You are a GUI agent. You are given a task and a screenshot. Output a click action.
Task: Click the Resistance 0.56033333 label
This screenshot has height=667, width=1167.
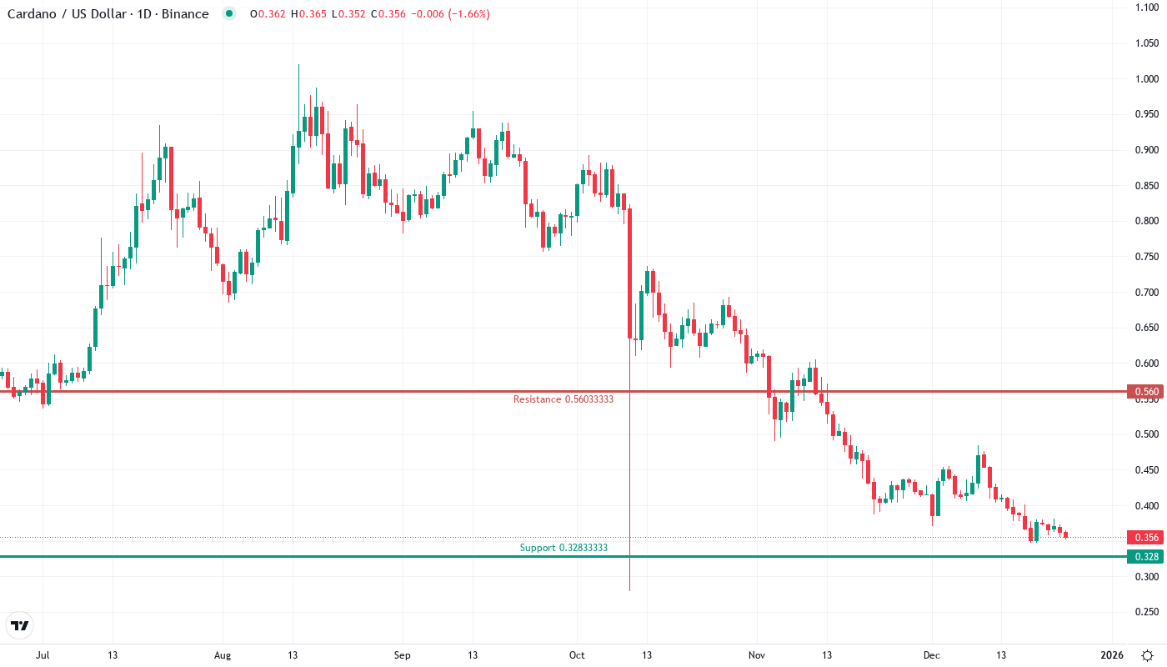pos(563,399)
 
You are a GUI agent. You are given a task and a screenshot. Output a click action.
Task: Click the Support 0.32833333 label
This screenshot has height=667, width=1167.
pos(563,548)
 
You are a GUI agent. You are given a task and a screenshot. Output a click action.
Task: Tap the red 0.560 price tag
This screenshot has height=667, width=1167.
pos(1144,391)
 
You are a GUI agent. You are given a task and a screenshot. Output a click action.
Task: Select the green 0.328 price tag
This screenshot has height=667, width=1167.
pos(1144,556)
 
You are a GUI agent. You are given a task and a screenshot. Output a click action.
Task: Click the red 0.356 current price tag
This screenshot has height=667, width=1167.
pos(1144,538)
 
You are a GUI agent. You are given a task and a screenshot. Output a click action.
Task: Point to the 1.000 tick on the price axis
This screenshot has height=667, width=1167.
pos(1147,79)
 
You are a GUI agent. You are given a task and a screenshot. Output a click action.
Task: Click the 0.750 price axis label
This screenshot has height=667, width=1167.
pos(1147,257)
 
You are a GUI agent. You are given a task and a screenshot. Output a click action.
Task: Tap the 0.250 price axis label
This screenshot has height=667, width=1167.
pos(1147,612)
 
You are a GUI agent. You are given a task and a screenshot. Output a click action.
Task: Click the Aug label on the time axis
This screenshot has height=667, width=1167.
pos(222,655)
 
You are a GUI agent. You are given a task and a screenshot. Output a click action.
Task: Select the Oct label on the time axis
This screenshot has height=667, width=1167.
pos(577,655)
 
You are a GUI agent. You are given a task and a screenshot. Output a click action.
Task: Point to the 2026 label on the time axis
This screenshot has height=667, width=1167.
pos(1112,655)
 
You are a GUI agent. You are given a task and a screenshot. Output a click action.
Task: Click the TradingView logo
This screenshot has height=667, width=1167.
pos(20,625)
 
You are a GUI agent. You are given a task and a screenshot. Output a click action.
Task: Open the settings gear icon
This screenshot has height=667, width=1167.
pos(1147,655)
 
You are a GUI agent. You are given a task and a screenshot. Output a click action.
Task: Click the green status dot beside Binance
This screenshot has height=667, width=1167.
pos(229,14)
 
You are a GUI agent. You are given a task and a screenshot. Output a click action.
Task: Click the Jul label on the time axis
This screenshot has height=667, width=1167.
pos(43,655)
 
